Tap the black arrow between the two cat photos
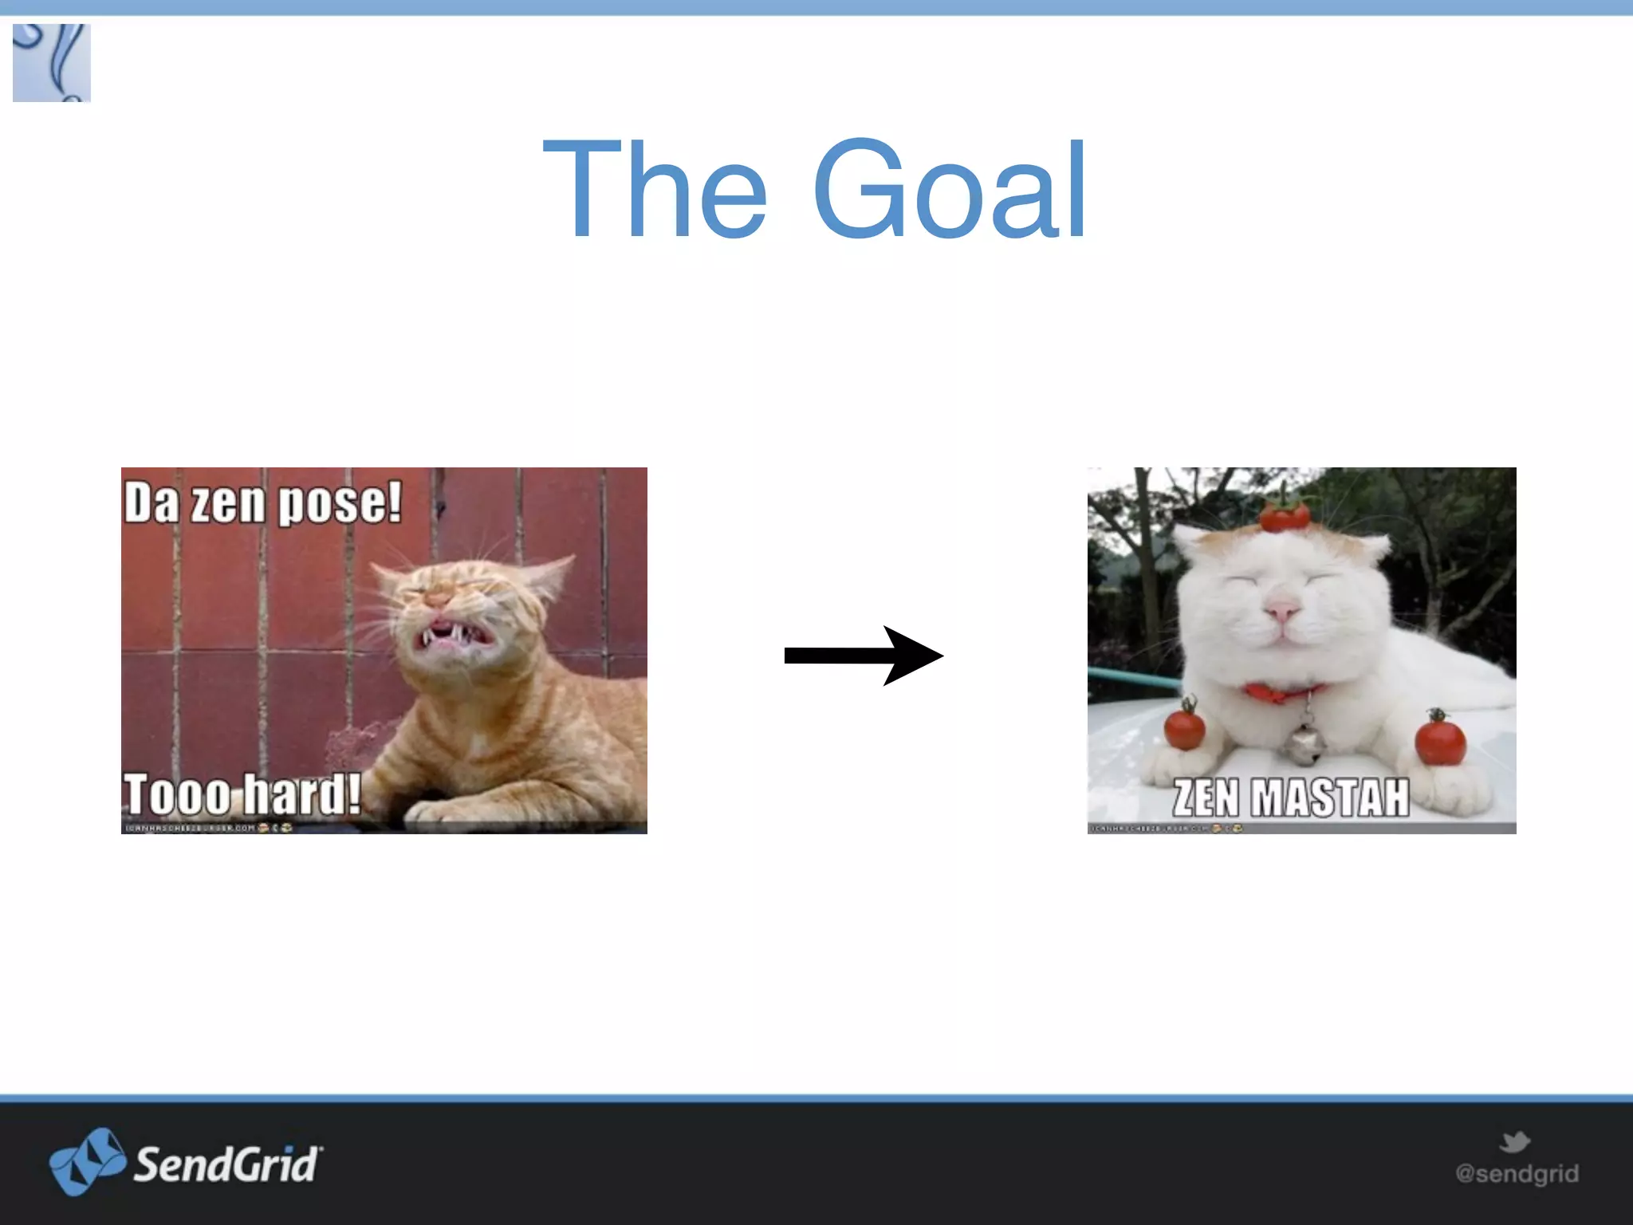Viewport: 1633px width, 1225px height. (x=863, y=656)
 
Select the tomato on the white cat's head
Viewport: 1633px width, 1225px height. (x=1284, y=516)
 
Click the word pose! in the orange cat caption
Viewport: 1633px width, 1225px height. (x=340, y=503)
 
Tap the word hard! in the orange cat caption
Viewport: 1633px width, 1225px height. (x=301, y=794)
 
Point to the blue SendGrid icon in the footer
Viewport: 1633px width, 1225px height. (x=86, y=1160)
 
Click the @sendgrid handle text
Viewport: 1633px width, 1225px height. (x=1517, y=1173)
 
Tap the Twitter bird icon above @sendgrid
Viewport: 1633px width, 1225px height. (x=1514, y=1142)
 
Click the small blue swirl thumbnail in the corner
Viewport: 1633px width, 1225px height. (x=52, y=63)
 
